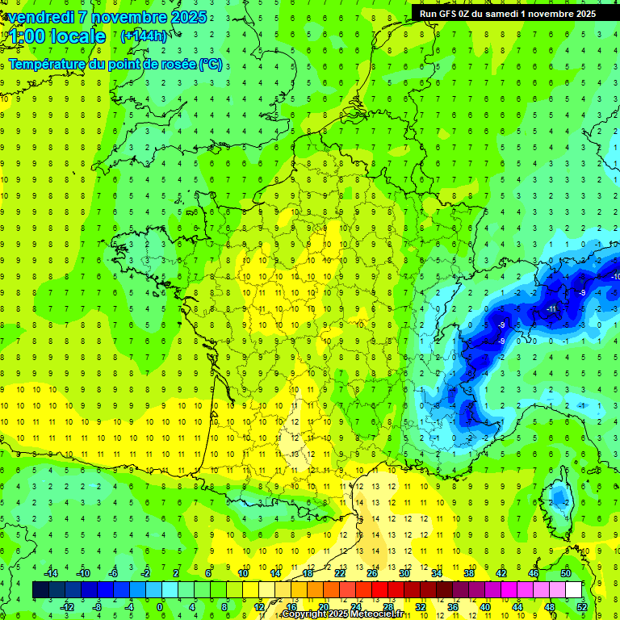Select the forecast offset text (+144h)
(143, 36)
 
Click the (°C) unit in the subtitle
(211, 63)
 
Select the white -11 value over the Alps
(551, 309)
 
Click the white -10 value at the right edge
(615, 277)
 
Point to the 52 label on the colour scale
(581, 607)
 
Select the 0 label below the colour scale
(160, 607)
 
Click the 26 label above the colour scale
(372, 573)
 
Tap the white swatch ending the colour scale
(574, 590)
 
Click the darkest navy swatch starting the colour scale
(40, 590)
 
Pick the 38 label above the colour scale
(469, 573)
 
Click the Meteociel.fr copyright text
(342, 614)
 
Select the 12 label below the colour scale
(259, 607)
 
